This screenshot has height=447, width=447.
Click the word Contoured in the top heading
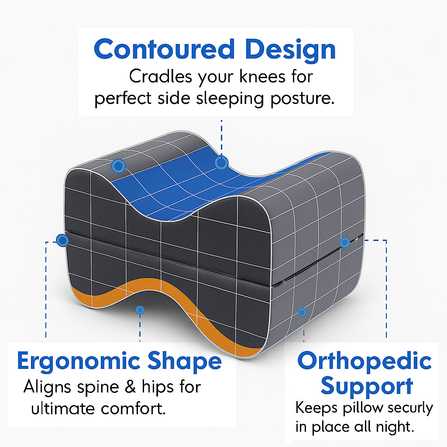(x=164, y=49)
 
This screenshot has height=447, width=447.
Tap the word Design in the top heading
(x=290, y=51)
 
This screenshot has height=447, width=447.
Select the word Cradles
(x=161, y=76)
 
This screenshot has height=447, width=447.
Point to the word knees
(x=262, y=76)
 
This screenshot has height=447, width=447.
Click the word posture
(x=303, y=99)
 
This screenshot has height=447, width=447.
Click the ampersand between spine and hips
(x=130, y=387)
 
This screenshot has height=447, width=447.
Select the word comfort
(x=134, y=409)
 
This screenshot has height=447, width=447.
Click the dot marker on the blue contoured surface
(x=221, y=163)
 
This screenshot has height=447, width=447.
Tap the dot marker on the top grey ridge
(x=118, y=166)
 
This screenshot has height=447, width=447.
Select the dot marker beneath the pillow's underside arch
(x=140, y=310)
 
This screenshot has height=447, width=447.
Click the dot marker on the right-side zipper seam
(x=345, y=243)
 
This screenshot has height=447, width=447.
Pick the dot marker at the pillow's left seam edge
(x=62, y=241)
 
